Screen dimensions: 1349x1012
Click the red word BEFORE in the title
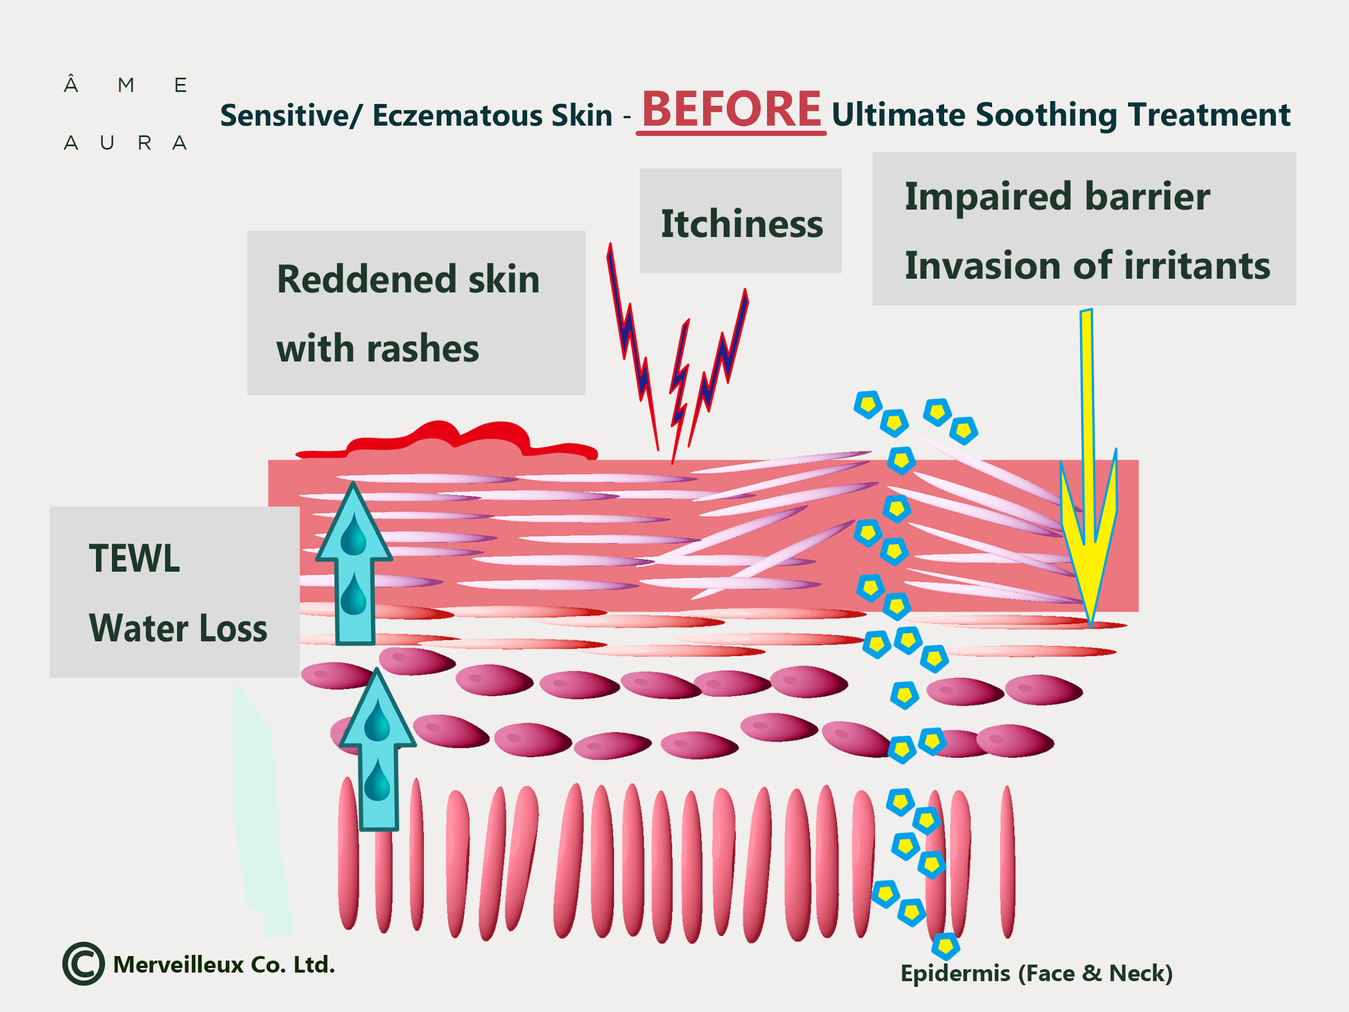pyautogui.click(x=731, y=110)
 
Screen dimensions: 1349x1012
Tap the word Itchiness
pyautogui.click(x=741, y=224)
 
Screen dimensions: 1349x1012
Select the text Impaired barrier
pyautogui.click(x=1057, y=197)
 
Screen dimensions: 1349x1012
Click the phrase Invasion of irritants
pyautogui.click(x=1087, y=266)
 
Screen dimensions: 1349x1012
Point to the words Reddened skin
pyautogui.click(x=408, y=279)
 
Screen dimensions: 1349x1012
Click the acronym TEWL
pyautogui.click(x=134, y=559)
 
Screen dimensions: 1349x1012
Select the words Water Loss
pyautogui.click(x=178, y=628)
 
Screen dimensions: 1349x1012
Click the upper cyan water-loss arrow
pyautogui.click(x=354, y=564)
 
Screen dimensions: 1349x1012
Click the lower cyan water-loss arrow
pyautogui.click(x=378, y=750)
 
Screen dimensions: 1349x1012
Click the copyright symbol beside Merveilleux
pyautogui.click(x=83, y=964)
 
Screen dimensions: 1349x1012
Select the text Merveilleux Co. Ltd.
pyautogui.click(x=224, y=965)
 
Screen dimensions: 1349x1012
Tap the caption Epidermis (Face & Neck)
pyautogui.click(x=1036, y=973)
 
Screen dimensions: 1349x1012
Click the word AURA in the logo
pyautogui.click(x=125, y=143)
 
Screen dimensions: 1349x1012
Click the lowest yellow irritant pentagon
pyautogui.click(x=945, y=946)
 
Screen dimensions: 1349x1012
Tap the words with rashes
pyautogui.click(x=378, y=349)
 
